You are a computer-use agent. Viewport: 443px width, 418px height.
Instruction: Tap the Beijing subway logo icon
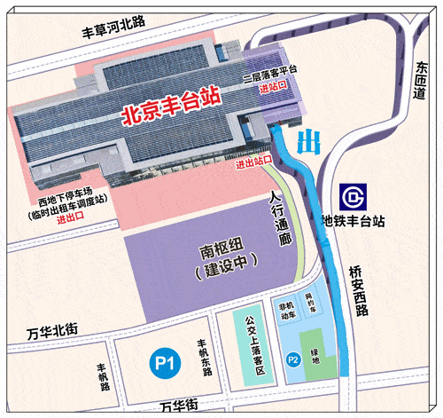[351, 196]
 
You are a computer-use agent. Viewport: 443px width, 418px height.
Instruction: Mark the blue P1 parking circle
[162, 362]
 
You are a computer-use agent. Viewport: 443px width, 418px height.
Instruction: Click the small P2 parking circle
[292, 359]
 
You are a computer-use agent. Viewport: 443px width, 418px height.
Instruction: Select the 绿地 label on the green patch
[315, 359]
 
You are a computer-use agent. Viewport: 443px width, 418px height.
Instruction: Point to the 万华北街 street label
[52, 332]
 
